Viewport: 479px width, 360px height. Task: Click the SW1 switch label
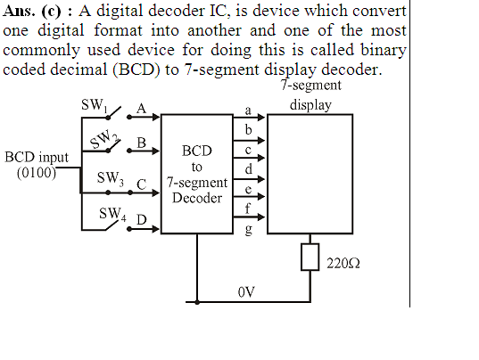[x=95, y=106]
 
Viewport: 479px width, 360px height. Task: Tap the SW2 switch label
[x=104, y=138]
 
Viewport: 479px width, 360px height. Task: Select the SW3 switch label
[x=111, y=178]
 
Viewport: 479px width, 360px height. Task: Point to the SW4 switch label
[x=112, y=214]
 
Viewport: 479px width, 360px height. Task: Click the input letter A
[x=141, y=109]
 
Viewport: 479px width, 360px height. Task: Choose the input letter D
[x=141, y=220]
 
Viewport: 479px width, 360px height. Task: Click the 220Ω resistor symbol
[x=310, y=257]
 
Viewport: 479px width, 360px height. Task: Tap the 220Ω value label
[x=343, y=263]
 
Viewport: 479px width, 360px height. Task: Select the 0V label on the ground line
[x=246, y=292]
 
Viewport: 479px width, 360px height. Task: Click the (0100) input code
[x=37, y=173]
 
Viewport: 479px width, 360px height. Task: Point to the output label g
[x=248, y=230]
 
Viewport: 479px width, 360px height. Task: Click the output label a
[x=248, y=110]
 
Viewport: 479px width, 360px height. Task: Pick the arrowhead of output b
[x=260, y=141]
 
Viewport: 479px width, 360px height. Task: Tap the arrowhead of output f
[x=260, y=217]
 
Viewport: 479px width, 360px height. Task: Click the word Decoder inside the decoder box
[x=197, y=198]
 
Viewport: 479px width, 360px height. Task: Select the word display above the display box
[x=310, y=105]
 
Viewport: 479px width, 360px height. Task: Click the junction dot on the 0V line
[x=197, y=302]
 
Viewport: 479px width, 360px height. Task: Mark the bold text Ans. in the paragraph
[x=19, y=12]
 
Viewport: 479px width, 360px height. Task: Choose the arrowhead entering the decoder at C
[x=156, y=192]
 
